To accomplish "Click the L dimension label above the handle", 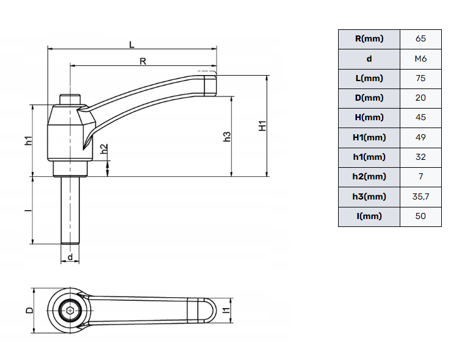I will pos(132,43).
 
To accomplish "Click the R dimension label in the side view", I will pos(142,60).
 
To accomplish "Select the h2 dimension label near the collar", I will pos(104,149).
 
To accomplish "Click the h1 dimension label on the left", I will pos(28,140).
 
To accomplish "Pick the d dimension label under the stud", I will pos(71,257).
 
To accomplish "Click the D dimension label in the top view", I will pos(29,311).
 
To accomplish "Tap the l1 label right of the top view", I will pos(226,311).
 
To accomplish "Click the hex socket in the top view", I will pos(70,311).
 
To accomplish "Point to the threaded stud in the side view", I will pos(71,211).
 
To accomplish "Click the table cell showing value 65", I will pos(420,38).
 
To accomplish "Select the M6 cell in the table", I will pos(420,59).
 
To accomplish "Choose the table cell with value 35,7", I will pos(420,196).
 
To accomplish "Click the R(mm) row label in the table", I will pos(369,38).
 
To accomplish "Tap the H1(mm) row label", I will pos(369,137).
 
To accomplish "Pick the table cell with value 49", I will pos(420,137).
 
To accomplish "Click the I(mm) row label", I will pos(369,216).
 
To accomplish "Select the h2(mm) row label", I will pos(369,176).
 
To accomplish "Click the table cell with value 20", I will pos(420,98).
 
